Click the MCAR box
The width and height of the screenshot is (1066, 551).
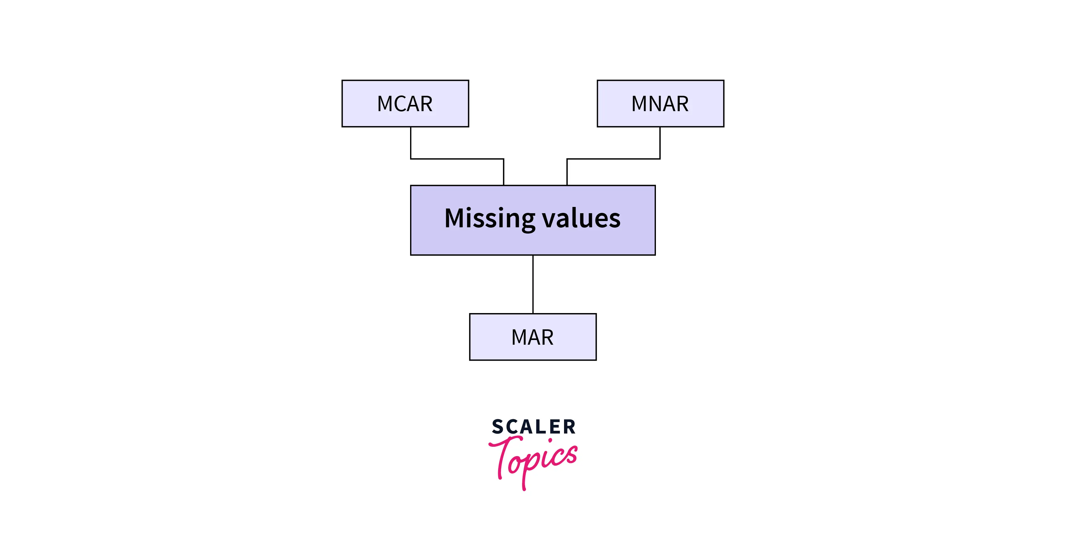pyautogui.click(x=405, y=103)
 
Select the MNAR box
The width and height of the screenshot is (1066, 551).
pyautogui.click(x=661, y=103)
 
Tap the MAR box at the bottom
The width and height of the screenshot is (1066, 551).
pyautogui.click(x=533, y=337)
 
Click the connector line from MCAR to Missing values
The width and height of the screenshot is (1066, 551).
pyautogui.click(x=457, y=159)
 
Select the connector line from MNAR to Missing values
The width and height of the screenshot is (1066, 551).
pyautogui.click(x=613, y=159)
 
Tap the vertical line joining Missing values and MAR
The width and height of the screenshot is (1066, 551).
pyautogui.click(x=533, y=284)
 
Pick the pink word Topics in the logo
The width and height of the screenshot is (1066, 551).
pyautogui.click(x=533, y=462)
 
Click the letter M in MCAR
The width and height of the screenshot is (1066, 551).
pyautogui.click(x=384, y=104)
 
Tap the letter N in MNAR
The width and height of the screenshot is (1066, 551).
pyautogui.click(x=655, y=104)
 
